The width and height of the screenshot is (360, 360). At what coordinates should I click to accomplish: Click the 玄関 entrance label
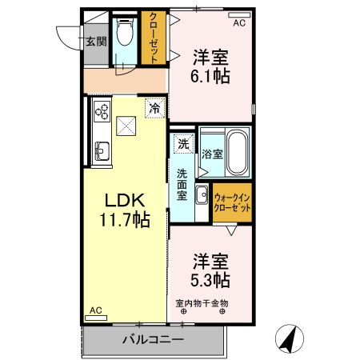click(96, 41)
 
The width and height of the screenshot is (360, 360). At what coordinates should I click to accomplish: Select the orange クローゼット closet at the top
click(152, 37)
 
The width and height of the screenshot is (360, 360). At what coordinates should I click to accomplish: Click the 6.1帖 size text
click(210, 76)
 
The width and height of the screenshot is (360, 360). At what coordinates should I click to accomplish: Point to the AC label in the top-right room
click(238, 23)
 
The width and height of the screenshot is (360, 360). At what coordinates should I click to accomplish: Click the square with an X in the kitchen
click(126, 125)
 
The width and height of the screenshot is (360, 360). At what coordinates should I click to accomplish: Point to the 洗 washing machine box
click(183, 145)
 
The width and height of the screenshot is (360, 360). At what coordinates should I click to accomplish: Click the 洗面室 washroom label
click(182, 184)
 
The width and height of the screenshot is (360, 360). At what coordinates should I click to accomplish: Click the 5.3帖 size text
click(210, 279)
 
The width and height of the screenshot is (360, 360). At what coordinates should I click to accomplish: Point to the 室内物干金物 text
click(202, 303)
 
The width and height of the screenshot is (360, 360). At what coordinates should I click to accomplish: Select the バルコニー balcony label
click(153, 340)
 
